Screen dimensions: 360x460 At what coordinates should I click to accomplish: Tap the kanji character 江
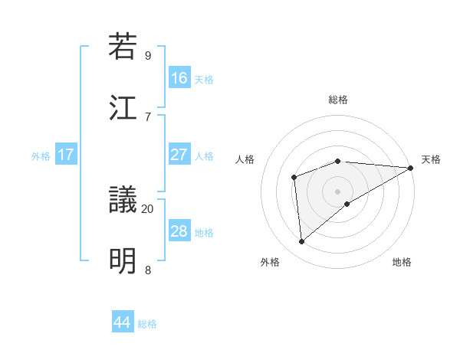tap(123, 107)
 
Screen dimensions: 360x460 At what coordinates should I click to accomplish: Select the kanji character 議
tap(123, 200)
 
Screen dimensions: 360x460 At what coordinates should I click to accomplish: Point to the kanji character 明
tap(123, 261)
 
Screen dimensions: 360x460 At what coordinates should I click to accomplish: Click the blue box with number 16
tap(179, 78)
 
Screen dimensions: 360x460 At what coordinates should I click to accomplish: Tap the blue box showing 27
tap(179, 155)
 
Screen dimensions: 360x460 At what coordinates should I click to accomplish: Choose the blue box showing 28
tap(179, 231)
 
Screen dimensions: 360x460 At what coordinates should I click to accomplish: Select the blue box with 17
tap(66, 155)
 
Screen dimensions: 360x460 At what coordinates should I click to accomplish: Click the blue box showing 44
tap(123, 322)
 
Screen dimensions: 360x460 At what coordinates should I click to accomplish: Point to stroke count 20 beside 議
tap(148, 208)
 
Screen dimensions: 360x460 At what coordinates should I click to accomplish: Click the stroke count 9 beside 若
tap(148, 55)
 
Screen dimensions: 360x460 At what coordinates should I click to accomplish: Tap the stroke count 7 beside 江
tap(148, 116)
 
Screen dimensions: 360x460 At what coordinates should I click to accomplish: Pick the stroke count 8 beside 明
tap(148, 270)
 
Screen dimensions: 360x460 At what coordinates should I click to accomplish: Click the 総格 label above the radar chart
tap(338, 100)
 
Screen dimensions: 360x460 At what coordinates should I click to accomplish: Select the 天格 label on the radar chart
tap(431, 159)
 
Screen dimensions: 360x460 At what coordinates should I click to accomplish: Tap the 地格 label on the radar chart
tap(402, 262)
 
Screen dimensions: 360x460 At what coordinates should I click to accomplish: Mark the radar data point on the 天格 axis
tap(411, 168)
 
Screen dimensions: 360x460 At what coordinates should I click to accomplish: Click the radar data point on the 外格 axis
tap(302, 241)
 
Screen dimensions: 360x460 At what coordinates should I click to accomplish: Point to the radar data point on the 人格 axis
tap(294, 178)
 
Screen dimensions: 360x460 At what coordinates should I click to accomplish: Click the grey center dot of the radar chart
tap(338, 191)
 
